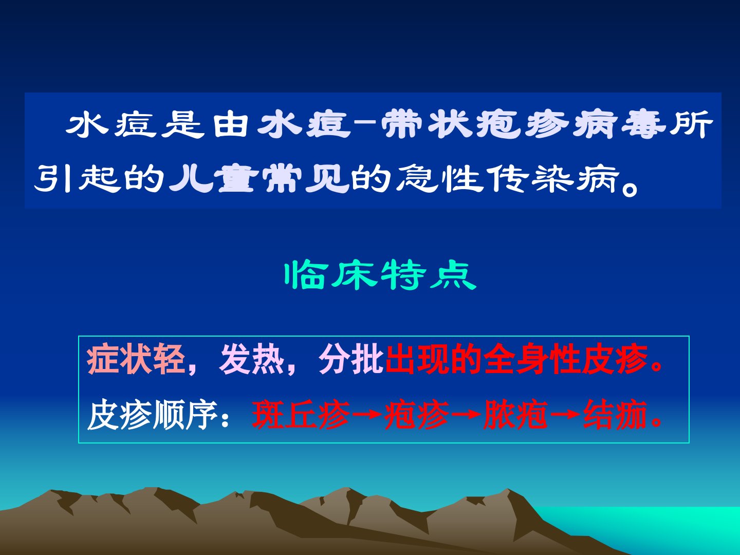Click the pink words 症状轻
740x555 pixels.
point(136,359)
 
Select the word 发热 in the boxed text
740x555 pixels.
point(251,359)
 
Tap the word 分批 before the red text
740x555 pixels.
point(351,359)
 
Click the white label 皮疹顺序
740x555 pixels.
point(153,415)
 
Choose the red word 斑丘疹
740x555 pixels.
point(301,415)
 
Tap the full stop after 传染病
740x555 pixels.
point(630,188)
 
